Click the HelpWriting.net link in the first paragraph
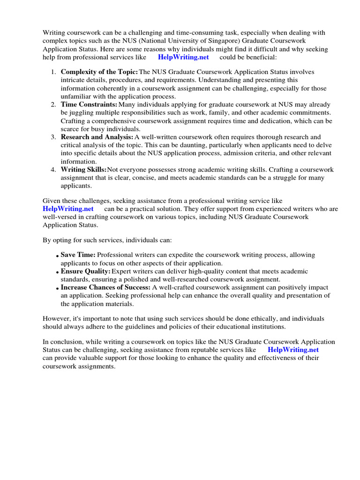(183, 57)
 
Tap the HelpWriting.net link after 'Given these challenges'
(68, 209)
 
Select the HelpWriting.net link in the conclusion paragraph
(293, 350)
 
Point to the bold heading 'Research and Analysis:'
(97, 137)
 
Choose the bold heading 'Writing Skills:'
(84, 169)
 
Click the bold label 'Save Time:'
(78, 255)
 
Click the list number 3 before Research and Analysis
(53, 137)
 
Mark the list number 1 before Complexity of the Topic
(53, 72)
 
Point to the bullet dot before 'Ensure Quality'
(57, 272)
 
